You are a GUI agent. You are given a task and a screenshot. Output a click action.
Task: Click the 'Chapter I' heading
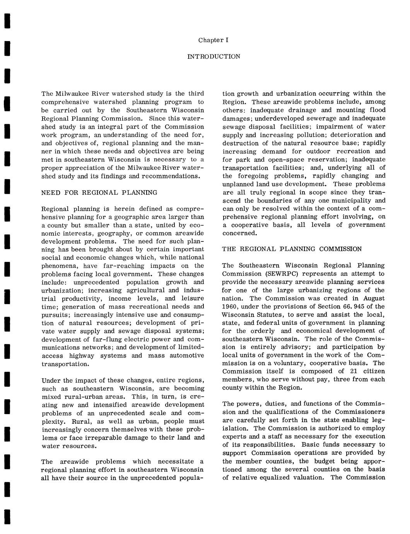tap(214, 40)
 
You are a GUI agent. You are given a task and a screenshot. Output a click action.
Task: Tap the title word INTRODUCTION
tap(214, 56)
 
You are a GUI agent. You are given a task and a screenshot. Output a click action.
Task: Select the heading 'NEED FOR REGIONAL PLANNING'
tap(99, 192)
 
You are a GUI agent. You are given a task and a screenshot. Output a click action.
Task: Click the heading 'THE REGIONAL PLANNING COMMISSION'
tap(292, 249)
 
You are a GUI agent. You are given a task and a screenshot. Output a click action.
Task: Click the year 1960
tap(230, 306)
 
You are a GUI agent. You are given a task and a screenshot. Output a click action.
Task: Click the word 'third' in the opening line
tap(196, 94)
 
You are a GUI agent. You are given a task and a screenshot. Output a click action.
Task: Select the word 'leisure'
tap(193, 298)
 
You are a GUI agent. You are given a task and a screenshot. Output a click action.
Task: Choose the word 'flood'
tap(377, 110)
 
